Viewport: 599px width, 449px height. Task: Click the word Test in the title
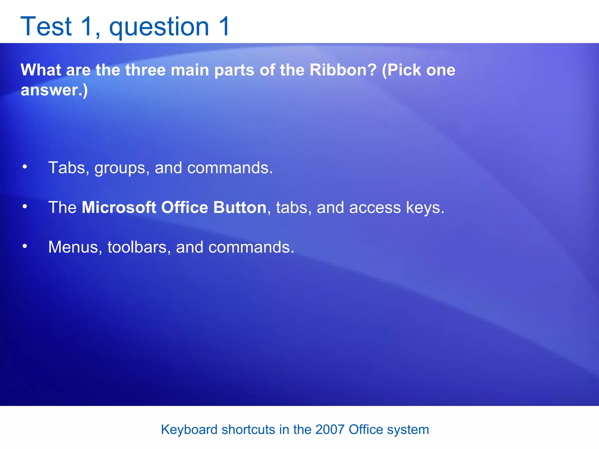point(46,27)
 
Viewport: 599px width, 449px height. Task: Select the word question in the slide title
point(159,27)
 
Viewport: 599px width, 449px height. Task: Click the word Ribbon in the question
point(343,70)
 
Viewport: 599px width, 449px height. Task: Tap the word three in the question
point(146,70)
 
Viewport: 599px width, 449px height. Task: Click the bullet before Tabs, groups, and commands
point(25,167)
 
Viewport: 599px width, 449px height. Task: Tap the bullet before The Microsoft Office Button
point(25,207)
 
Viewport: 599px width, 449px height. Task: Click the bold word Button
point(240,208)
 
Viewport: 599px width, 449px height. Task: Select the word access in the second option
point(375,208)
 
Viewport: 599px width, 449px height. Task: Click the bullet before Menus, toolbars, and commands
point(25,246)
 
